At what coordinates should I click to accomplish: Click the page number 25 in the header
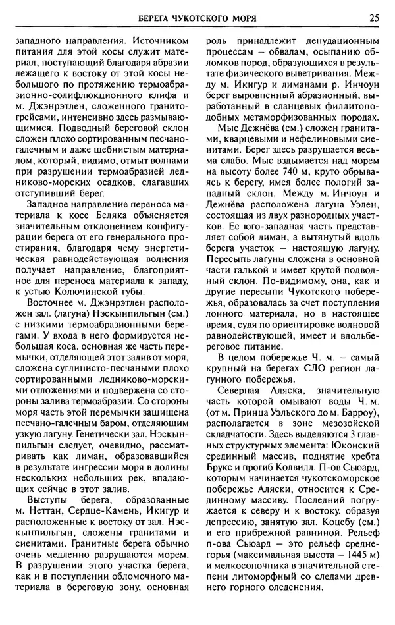pos(374,17)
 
